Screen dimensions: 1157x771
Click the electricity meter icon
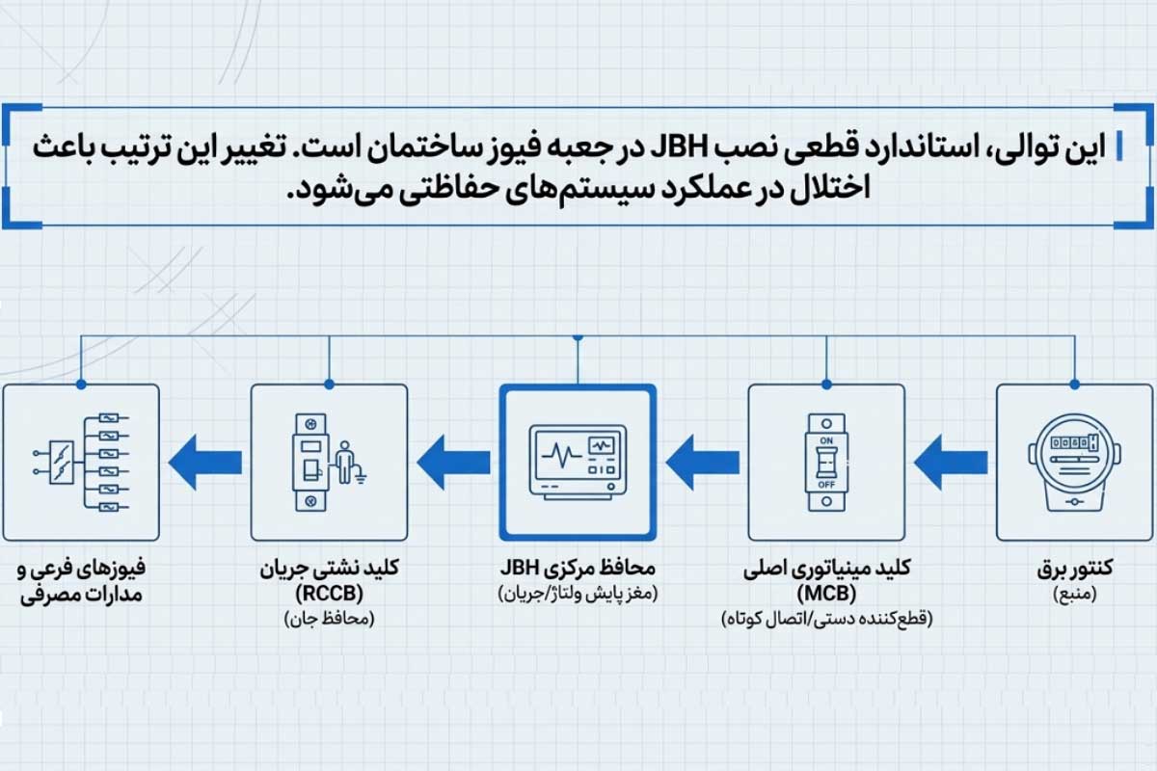coord(1074,463)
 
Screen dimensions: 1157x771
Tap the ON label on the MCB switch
coord(826,440)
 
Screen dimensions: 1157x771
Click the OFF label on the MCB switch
coord(826,485)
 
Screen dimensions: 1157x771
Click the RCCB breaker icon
coord(310,463)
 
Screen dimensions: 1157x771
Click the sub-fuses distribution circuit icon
coord(81,463)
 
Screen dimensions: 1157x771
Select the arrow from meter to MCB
coord(951,463)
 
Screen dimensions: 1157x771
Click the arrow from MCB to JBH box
coord(703,463)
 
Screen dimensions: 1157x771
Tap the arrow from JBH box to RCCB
coord(453,463)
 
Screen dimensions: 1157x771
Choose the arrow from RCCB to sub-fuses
coord(205,463)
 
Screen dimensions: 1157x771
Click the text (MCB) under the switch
coord(826,594)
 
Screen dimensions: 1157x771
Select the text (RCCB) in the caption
coord(330,594)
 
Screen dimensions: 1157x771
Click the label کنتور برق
coord(1075,568)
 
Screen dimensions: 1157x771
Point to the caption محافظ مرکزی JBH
coord(578,568)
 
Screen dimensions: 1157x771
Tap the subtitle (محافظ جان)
coord(330,618)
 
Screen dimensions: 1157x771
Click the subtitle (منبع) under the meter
coord(1075,594)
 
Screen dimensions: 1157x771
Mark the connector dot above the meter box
coord(1075,385)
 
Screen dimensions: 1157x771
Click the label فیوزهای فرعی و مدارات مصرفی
coord(81,581)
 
